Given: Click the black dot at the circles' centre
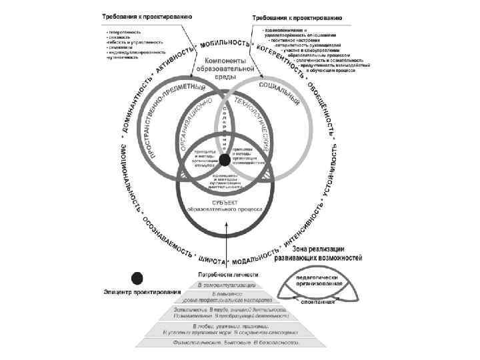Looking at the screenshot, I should (224, 159).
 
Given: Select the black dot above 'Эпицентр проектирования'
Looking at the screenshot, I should (137, 278).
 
